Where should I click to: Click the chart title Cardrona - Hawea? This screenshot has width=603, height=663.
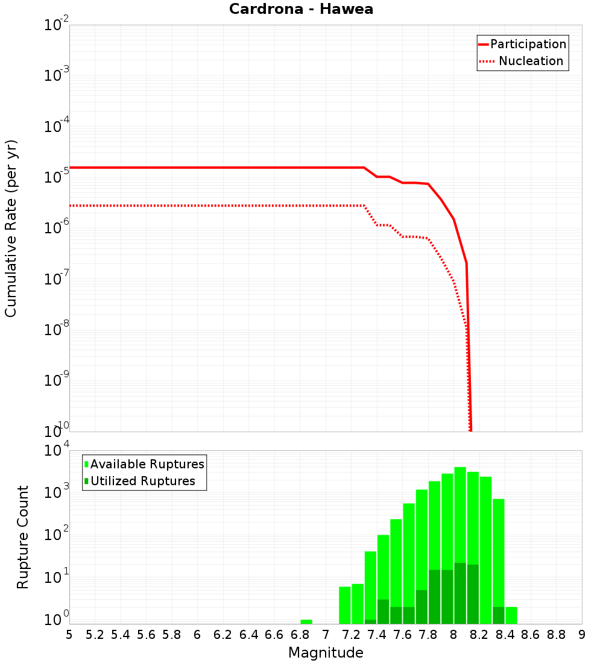(301, 10)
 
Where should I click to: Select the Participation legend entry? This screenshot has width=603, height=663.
(522, 44)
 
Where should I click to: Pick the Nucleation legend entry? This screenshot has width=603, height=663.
(522, 61)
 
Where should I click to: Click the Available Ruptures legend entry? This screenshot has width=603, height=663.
(145, 464)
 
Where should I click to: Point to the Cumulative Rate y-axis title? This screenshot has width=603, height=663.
(11, 228)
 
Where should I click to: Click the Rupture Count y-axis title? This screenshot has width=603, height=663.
(23, 537)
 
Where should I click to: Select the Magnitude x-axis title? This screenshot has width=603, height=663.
(326, 653)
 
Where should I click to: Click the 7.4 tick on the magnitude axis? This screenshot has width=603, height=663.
(377, 635)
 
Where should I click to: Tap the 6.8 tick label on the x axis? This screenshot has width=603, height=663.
(300, 635)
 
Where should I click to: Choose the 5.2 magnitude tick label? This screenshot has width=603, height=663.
(95, 635)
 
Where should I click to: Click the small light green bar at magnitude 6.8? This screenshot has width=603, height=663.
(306, 621)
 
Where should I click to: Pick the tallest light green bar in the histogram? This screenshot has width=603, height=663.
(460, 542)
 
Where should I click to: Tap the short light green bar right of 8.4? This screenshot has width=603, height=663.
(511, 615)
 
